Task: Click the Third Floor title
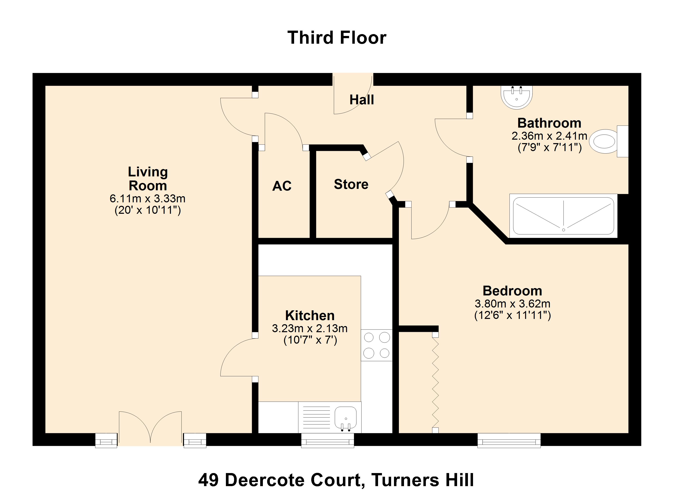(x=337, y=38)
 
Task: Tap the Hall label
(x=361, y=100)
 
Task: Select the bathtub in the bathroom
(x=564, y=216)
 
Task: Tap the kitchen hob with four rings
(x=377, y=345)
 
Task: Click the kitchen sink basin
(x=346, y=417)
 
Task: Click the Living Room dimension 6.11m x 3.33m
(x=147, y=198)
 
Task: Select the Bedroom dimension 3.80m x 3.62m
(x=512, y=304)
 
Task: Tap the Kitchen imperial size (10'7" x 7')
(x=310, y=340)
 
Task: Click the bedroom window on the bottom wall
(x=509, y=440)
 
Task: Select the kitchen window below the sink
(x=327, y=440)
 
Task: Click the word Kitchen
(x=310, y=316)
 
